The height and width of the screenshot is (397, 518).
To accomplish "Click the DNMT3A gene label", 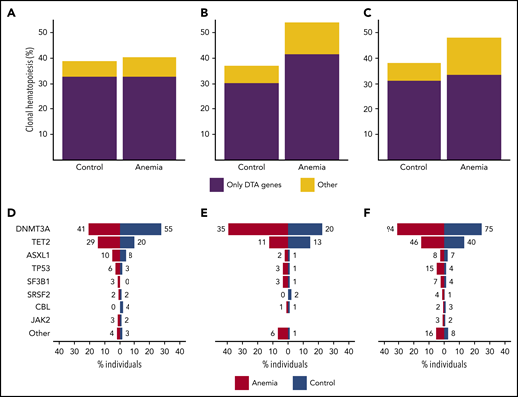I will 35,229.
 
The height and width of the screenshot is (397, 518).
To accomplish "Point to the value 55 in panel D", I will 170,229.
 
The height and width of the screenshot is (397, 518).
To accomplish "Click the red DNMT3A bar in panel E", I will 258,229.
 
